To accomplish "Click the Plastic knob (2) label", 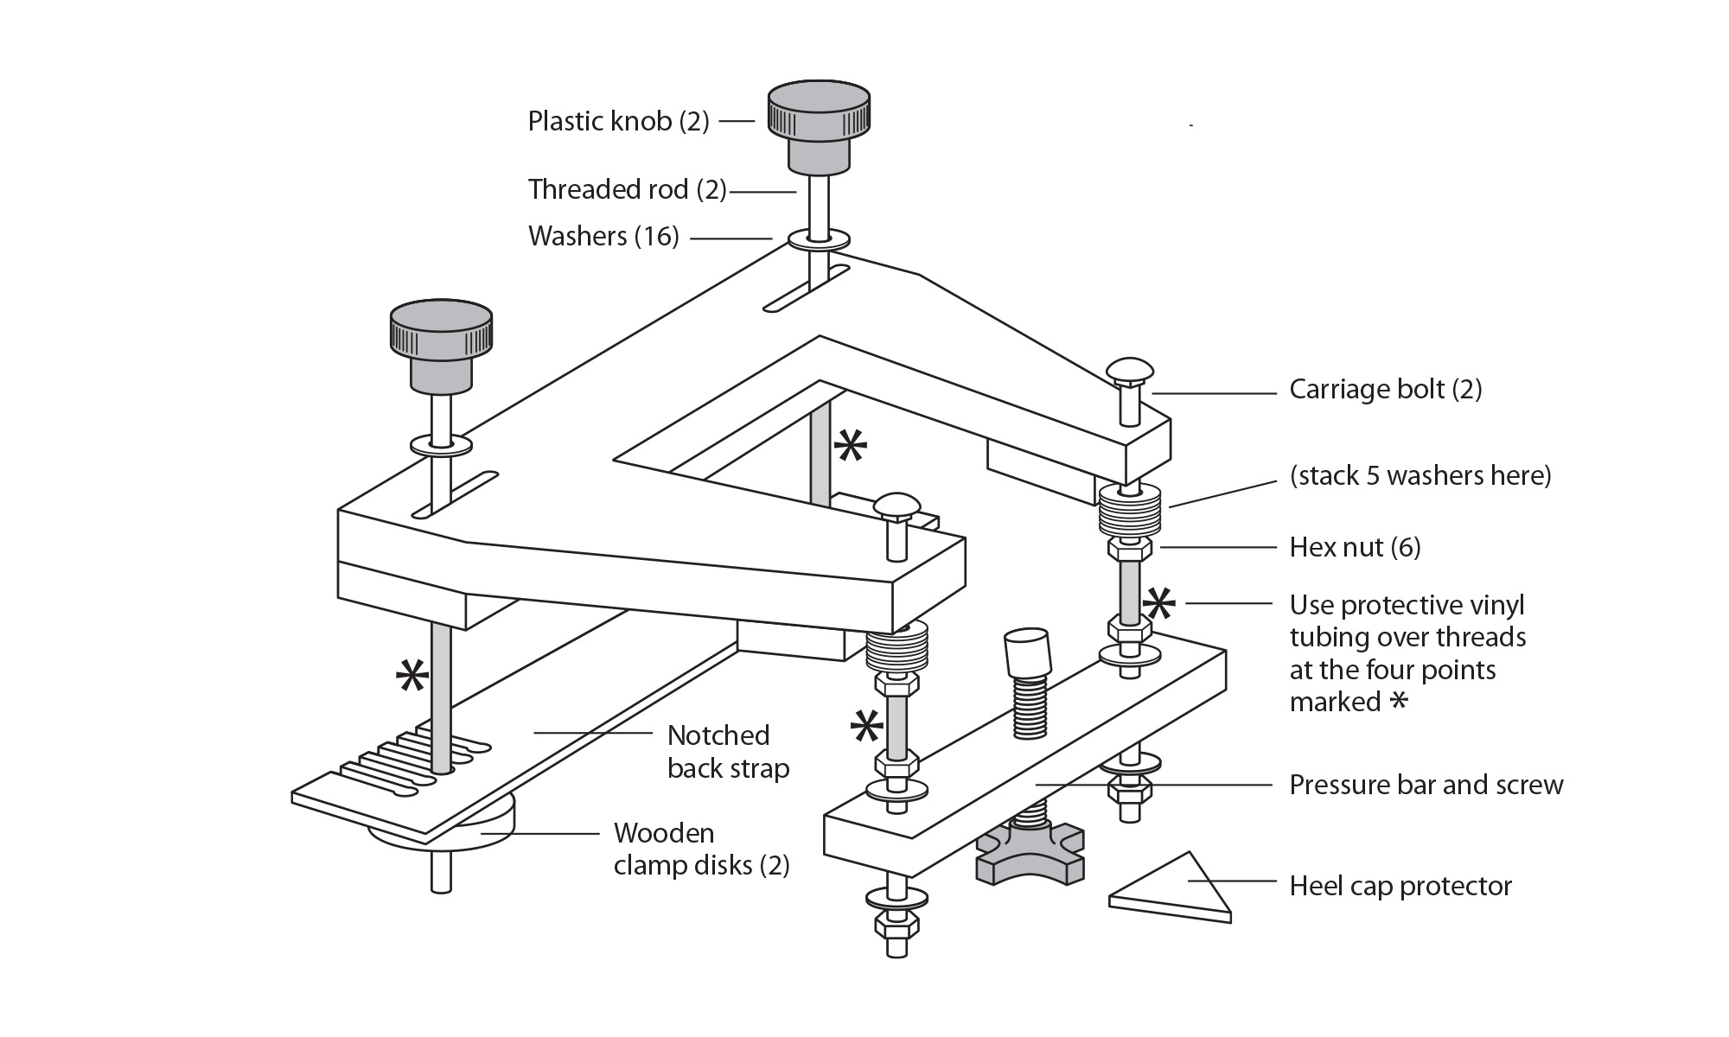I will click(618, 121).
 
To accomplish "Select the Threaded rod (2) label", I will click(627, 189).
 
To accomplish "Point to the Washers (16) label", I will click(603, 236).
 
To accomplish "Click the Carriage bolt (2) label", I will click(1385, 389).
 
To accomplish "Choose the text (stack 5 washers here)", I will click(1420, 475).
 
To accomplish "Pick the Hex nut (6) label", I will click(1355, 547).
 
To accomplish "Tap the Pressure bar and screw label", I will click(1426, 785).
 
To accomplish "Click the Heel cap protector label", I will click(1400, 886).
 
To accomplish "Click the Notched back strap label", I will click(728, 752).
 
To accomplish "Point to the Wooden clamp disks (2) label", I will click(701, 849).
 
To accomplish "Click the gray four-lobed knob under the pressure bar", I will click(1030, 855).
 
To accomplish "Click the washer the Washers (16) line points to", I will click(818, 239).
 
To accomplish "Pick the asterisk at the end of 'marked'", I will click(1397, 701).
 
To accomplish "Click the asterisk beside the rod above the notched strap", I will click(412, 677).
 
